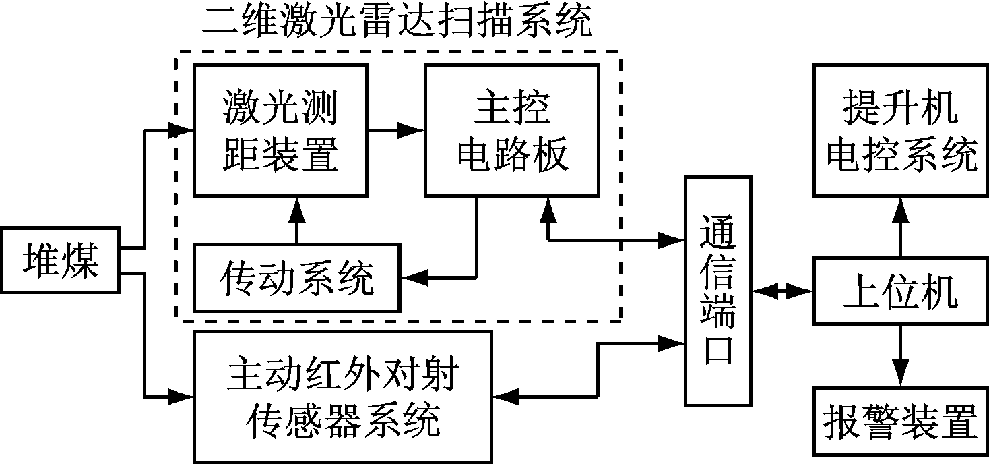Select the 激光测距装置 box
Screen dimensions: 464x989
point(280,130)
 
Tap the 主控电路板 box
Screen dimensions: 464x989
point(511,130)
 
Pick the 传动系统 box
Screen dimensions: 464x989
point(296,278)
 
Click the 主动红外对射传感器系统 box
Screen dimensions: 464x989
point(342,396)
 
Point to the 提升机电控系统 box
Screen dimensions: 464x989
point(900,131)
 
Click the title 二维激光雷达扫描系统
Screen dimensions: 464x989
point(397,23)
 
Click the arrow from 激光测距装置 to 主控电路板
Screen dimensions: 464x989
point(396,130)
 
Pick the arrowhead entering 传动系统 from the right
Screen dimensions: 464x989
point(410,277)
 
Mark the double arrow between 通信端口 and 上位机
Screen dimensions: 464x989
point(784,291)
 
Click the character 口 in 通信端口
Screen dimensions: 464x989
point(718,353)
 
